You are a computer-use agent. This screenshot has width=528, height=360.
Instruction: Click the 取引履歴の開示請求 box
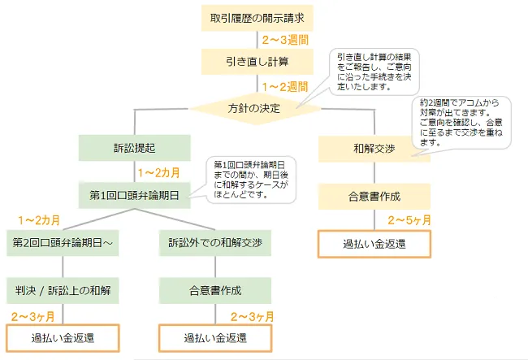coord(258,18)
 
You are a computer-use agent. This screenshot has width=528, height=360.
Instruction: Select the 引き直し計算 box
coord(258,62)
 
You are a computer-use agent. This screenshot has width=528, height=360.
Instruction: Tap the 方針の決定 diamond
coord(255,108)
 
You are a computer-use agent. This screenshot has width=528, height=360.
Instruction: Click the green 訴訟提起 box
coord(135,148)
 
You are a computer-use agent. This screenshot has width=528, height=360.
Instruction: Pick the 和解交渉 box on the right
coord(374,149)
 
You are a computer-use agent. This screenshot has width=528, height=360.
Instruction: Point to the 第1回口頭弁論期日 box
coord(135,195)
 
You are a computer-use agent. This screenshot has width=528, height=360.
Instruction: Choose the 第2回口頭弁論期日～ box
coord(63,243)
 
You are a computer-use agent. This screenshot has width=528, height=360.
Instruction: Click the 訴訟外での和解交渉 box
coord(215,243)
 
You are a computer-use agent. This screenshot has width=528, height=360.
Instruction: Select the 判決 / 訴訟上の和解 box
coord(63,291)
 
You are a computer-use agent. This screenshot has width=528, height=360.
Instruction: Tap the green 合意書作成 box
coord(215,291)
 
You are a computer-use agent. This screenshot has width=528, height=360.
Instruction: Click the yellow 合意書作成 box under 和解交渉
coord(374,197)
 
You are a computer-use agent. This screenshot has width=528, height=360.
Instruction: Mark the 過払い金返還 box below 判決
coord(63,338)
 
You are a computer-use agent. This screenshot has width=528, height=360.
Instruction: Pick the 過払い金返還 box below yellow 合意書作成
coord(374,244)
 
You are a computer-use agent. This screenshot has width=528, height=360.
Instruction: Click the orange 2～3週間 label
coord(286,40)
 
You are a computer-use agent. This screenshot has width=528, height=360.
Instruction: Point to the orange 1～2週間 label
coord(286,87)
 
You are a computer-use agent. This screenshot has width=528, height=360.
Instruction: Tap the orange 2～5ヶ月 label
coord(409,220)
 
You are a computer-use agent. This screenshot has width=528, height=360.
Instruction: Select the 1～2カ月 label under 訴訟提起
coord(159,173)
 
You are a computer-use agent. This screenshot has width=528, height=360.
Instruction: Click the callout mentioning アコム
coord(461,123)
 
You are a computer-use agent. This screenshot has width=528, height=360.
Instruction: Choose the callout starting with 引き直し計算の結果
coord(374,72)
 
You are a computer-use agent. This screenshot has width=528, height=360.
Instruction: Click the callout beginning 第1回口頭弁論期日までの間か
coord(251,180)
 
